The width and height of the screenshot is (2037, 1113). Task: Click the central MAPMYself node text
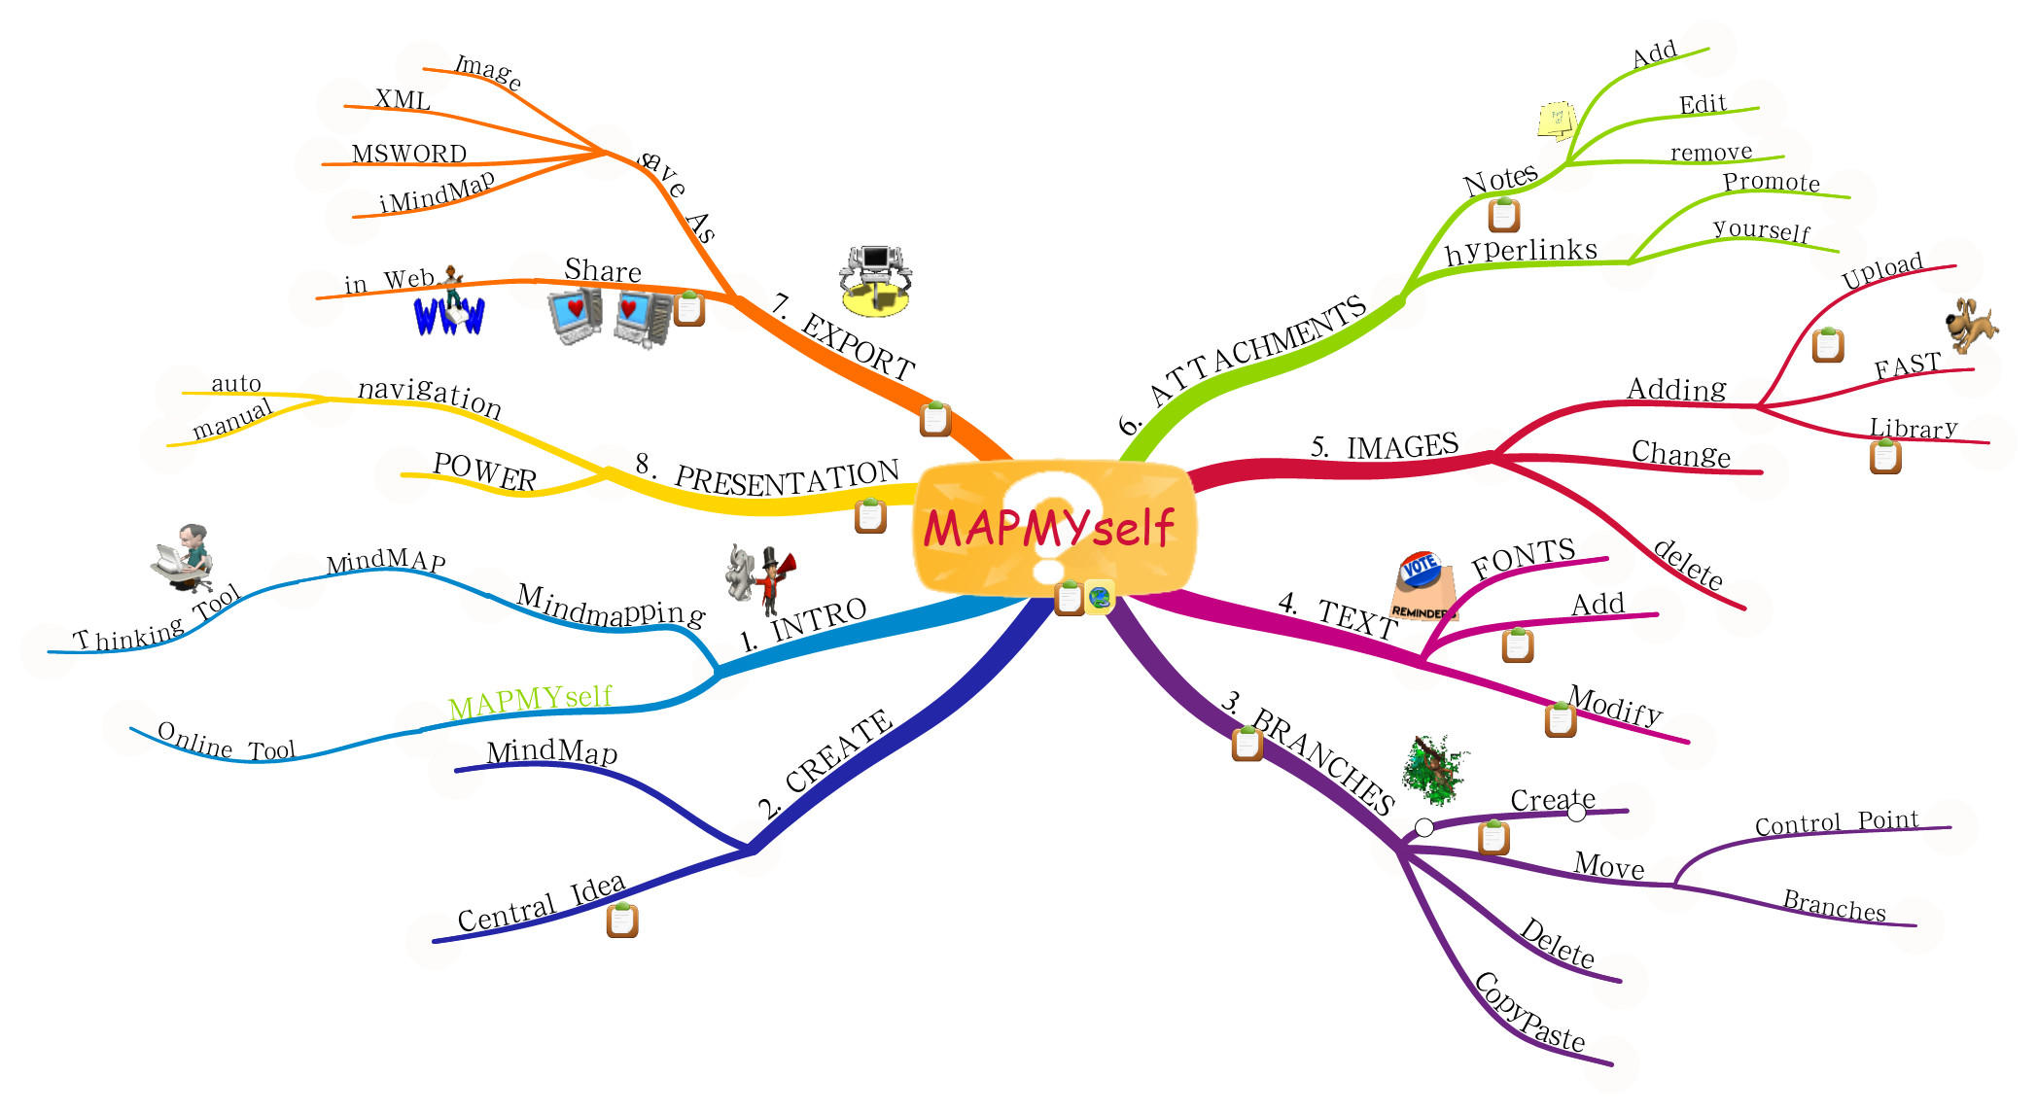[1049, 529]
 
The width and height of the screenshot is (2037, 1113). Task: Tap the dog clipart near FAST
[1971, 325]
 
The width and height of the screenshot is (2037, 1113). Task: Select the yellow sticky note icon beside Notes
[1557, 121]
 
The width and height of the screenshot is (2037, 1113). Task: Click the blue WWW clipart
[449, 314]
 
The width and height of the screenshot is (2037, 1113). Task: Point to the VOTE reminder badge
[1423, 586]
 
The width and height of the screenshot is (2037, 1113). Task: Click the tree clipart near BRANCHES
[1435, 769]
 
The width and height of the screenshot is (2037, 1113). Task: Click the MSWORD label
[409, 154]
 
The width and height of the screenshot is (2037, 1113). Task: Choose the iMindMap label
[437, 191]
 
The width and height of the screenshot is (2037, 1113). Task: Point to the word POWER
[484, 471]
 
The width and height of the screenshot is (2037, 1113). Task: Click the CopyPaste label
[1529, 1012]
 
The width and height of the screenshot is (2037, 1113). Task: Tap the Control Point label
[1837, 822]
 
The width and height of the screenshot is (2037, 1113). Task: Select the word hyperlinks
[1521, 251]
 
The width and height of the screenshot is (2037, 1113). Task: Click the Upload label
[1882, 271]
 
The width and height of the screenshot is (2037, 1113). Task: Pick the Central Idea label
[542, 903]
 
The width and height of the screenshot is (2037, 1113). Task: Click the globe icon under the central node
[1099, 598]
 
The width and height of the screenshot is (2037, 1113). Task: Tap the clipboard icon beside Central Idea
[622, 920]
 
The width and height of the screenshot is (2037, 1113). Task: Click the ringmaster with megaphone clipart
[761, 579]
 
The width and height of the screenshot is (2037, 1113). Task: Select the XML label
[403, 99]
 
